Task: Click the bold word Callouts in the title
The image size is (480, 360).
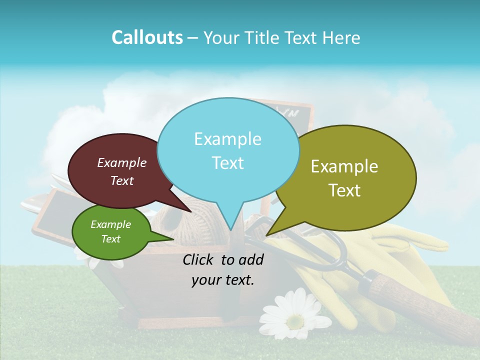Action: [x=147, y=37]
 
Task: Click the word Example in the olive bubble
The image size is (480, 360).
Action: [x=344, y=166]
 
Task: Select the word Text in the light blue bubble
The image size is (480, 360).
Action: [x=228, y=163]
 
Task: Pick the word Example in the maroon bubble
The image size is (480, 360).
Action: [x=122, y=163]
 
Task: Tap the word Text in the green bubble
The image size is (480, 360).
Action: [x=111, y=239]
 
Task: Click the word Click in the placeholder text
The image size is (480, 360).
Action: [x=199, y=259]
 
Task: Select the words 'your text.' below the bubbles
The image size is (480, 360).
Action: [x=223, y=280]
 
